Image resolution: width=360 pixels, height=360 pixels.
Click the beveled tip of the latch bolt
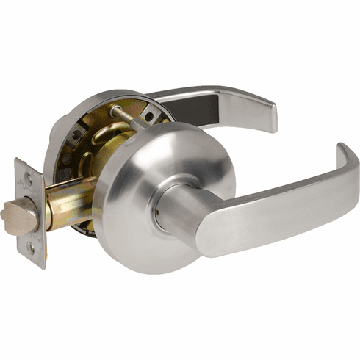click(16, 218)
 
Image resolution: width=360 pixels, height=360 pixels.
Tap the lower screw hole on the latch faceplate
click(32, 248)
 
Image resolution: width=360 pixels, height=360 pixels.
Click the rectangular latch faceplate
click(30, 213)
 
